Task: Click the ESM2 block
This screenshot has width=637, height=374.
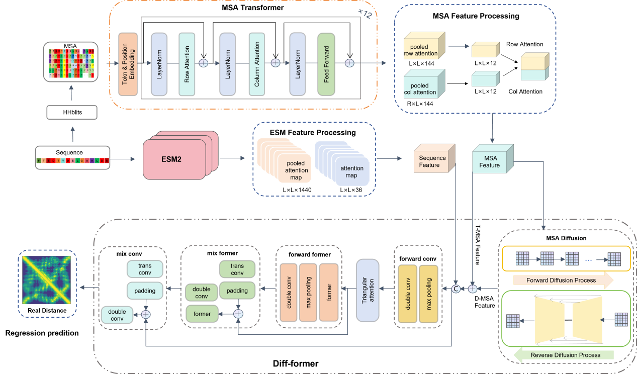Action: (174, 159)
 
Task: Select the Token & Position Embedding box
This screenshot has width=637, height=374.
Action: (128, 64)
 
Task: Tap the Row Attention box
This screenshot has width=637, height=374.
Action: (187, 64)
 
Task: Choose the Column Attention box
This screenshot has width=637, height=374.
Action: (256, 64)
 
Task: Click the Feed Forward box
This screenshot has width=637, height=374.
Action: (326, 64)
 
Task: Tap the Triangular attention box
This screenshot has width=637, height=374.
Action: (367, 290)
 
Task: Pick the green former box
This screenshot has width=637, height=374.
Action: (202, 314)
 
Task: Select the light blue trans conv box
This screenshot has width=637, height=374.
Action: (145, 269)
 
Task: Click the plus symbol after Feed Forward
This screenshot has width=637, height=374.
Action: (349, 63)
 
